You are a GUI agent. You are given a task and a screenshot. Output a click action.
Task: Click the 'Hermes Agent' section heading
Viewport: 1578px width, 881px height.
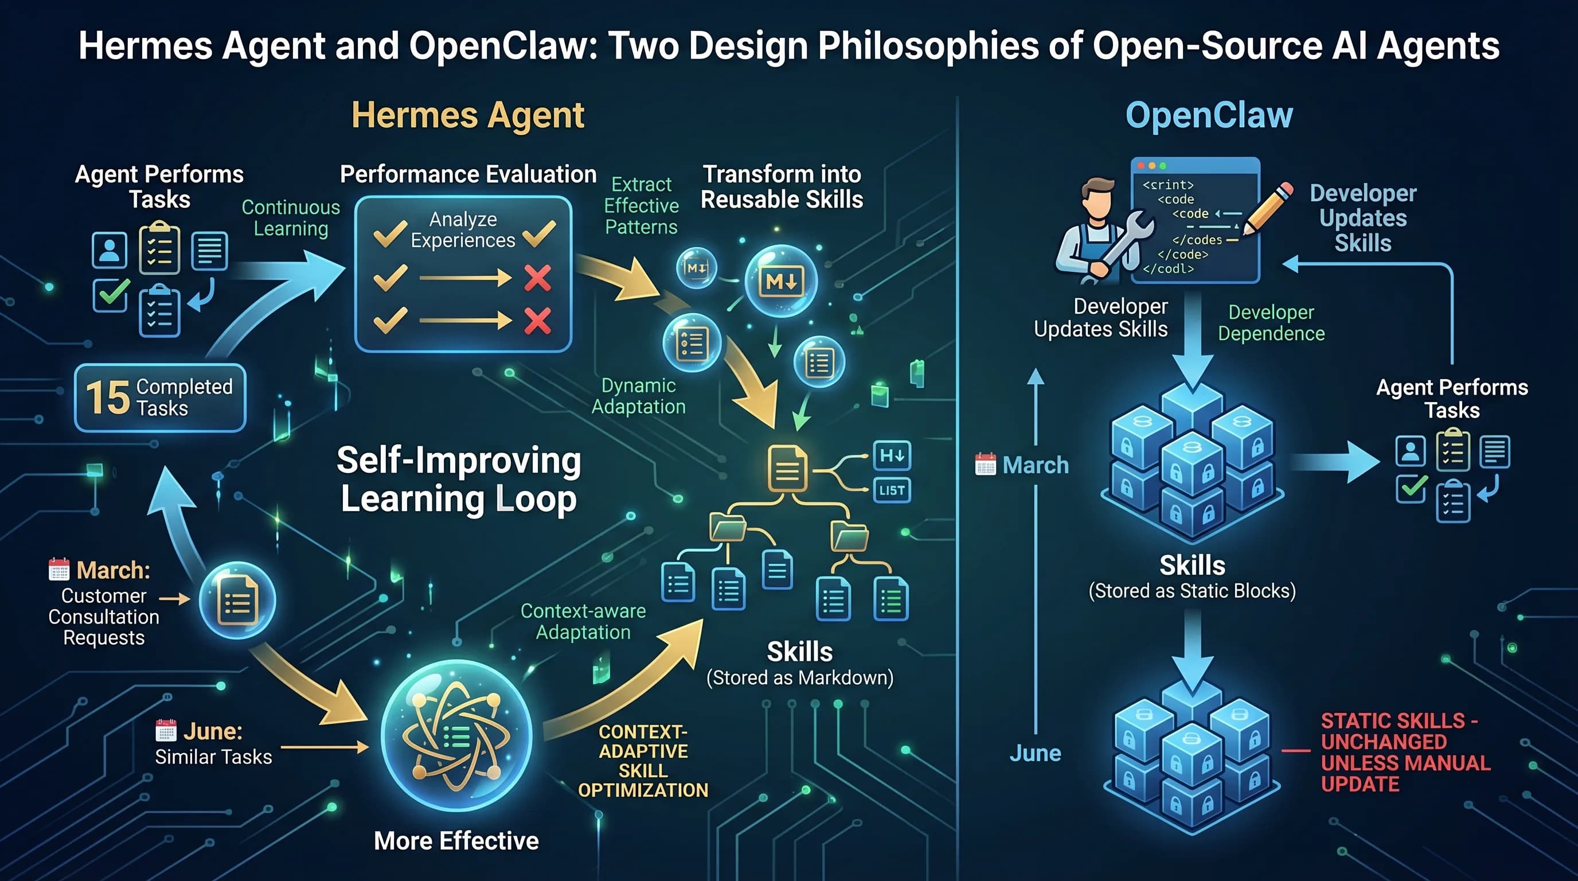click(x=468, y=116)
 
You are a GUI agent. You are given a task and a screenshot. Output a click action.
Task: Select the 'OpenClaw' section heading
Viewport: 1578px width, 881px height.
click(x=1209, y=116)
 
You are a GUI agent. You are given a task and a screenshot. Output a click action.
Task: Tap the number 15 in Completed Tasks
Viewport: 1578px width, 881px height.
click(x=108, y=397)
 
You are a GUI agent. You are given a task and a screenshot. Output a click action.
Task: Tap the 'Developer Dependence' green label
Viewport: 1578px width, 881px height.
click(x=1271, y=323)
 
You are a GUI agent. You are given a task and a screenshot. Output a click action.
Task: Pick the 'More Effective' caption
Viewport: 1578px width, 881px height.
click(x=456, y=841)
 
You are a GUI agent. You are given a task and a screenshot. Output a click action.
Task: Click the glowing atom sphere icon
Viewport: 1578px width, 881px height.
click(x=456, y=735)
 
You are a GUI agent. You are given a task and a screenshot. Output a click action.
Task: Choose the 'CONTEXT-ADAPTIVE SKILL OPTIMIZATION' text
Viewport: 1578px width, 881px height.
click(x=643, y=761)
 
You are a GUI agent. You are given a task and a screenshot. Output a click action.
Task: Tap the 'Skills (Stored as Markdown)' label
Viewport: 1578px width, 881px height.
click(x=800, y=664)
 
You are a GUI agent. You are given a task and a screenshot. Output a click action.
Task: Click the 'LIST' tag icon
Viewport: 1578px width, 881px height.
click(x=891, y=490)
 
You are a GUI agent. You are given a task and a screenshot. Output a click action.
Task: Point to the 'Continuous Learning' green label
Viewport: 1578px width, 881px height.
click(x=291, y=217)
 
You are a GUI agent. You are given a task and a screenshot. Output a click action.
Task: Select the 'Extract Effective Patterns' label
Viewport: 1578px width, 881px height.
click(x=642, y=205)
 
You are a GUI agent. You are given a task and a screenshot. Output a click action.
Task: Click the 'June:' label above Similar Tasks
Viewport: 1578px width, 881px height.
click(x=213, y=731)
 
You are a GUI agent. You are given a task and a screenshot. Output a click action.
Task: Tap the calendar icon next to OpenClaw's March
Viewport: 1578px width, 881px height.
click(x=985, y=465)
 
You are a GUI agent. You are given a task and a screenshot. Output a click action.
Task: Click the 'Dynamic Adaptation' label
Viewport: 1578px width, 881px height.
click(x=638, y=396)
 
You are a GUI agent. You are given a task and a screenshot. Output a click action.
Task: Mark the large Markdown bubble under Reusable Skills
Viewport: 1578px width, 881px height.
click(x=780, y=280)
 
